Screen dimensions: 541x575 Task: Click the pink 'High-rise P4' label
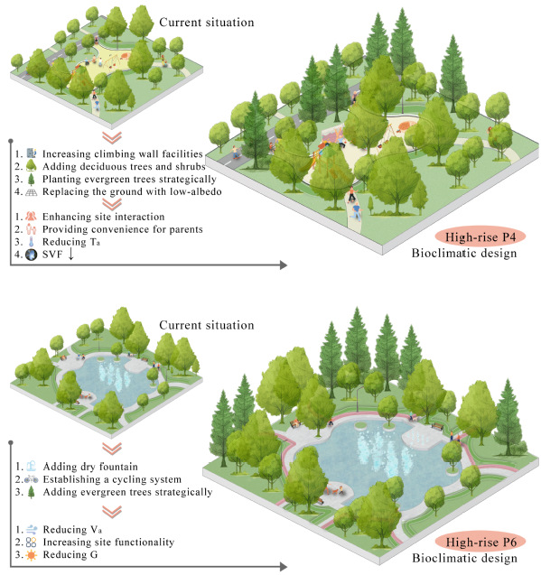click(x=480, y=236)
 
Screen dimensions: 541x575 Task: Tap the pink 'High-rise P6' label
click(x=480, y=542)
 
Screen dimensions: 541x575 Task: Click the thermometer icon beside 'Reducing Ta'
click(x=32, y=242)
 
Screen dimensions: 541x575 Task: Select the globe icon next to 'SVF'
click(x=32, y=255)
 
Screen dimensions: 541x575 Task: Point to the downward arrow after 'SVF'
click(x=70, y=254)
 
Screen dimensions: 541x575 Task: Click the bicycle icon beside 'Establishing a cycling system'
click(x=32, y=479)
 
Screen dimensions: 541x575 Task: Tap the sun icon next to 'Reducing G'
click(x=32, y=555)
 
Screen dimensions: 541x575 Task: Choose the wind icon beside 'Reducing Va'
click(x=32, y=530)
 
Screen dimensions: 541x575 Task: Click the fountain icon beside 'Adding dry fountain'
click(x=32, y=467)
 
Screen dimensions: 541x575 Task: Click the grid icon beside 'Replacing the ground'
click(x=32, y=191)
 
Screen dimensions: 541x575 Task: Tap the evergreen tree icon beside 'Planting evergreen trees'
click(x=32, y=179)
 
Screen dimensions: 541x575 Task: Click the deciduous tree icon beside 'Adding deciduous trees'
click(x=32, y=166)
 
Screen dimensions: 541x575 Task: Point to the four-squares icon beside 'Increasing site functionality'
click(x=32, y=542)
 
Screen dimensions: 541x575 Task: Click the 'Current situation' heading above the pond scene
click(x=207, y=325)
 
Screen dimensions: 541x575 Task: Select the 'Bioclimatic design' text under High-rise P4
click(x=464, y=253)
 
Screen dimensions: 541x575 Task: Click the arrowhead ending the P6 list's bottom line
click(x=283, y=567)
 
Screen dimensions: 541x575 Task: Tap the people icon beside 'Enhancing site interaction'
click(x=32, y=217)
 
